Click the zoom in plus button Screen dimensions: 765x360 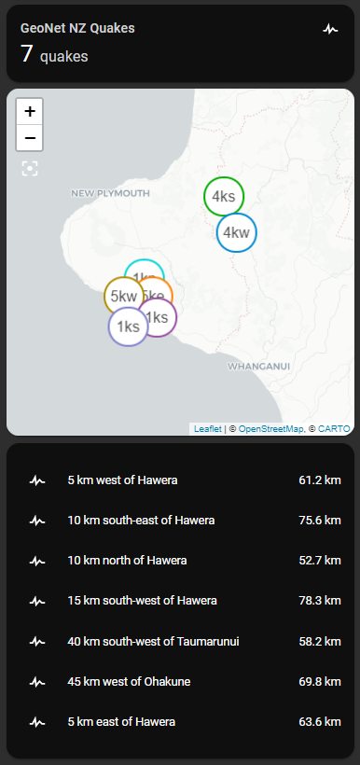point(30,111)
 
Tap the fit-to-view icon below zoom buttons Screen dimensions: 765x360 point(30,168)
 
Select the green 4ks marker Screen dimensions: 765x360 point(224,196)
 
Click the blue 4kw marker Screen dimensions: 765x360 point(237,232)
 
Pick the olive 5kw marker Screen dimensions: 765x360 point(123,296)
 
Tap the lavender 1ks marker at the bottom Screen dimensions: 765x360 point(128,327)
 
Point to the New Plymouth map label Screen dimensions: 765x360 point(110,193)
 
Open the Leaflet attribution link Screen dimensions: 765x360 point(207,429)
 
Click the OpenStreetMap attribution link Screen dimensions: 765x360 point(270,429)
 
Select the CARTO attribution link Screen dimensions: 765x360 point(334,429)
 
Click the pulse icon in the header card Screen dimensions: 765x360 point(330,29)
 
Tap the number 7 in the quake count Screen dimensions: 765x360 point(27,54)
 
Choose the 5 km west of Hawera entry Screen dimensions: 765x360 point(122,480)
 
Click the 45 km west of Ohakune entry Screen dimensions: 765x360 point(129,682)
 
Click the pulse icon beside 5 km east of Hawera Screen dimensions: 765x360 point(37,722)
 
